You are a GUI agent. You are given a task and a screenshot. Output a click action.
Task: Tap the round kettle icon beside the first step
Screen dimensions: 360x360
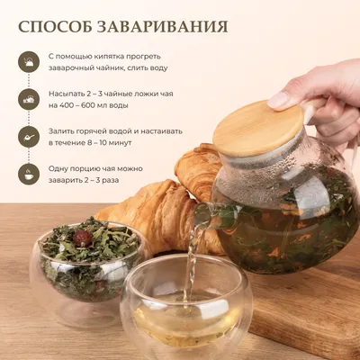click(29, 61)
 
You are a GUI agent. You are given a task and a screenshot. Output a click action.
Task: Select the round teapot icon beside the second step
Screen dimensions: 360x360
click(29, 99)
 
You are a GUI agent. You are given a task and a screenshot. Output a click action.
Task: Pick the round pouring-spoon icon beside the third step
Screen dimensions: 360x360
click(29, 137)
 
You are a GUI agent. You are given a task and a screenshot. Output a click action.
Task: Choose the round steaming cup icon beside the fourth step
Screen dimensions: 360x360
click(29, 175)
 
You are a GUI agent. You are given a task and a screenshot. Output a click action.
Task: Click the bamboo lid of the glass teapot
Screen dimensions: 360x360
click(258, 128)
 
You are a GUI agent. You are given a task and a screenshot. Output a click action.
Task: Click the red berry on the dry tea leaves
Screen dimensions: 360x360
click(83, 238)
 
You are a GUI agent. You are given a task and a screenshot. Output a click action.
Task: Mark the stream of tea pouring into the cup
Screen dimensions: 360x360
click(191, 264)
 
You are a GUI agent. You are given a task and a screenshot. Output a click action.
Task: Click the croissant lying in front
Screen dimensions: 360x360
click(159, 217)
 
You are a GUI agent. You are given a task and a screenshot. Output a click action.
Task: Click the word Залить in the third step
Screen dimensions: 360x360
click(61, 131)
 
